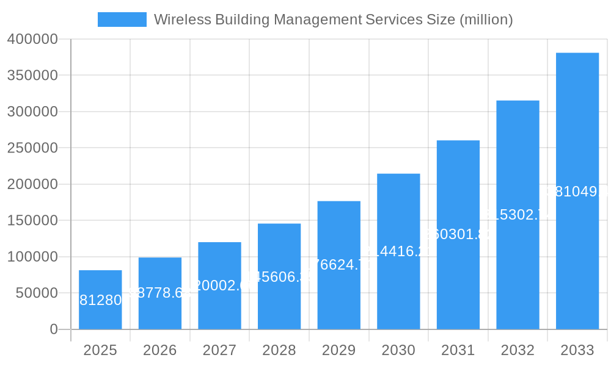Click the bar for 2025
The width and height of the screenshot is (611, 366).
(100, 300)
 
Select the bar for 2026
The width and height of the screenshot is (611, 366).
(160, 293)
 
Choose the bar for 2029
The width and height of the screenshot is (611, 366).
(339, 265)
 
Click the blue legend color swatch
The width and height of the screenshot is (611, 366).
(122, 20)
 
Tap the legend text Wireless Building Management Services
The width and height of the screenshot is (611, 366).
(333, 20)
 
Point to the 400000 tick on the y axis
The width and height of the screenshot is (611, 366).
(32, 40)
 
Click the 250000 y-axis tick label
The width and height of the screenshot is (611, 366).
(32, 148)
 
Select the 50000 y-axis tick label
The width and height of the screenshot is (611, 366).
(36, 293)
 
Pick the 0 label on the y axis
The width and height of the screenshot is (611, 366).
(53, 329)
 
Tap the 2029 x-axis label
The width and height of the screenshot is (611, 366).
(339, 350)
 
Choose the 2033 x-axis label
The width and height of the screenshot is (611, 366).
(577, 350)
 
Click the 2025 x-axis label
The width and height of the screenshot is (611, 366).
(100, 350)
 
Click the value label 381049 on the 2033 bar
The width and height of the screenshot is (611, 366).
(577, 192)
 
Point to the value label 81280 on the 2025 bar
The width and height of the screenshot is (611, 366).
(101, 300)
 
